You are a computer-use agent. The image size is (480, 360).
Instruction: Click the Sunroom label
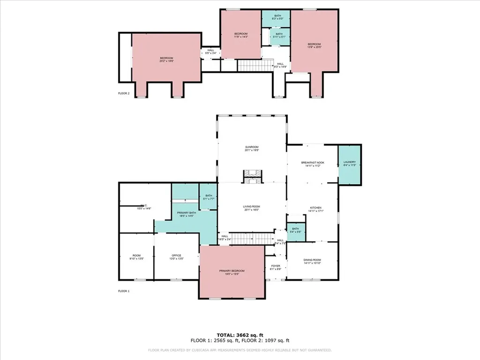click(251, 149)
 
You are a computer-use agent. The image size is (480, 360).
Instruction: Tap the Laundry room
click(349, 164)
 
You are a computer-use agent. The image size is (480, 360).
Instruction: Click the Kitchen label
click(315, 209)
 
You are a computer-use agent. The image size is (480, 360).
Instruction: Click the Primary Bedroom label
click(232, 272)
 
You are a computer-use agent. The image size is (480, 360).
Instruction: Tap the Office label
click(176, 257)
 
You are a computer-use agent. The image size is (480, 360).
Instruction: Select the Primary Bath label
click(186, 215)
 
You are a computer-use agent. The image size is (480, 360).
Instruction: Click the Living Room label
click(251, 208)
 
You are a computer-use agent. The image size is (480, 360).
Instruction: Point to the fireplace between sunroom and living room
click(252, 176)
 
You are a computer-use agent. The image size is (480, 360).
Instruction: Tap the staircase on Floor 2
click(255, 65)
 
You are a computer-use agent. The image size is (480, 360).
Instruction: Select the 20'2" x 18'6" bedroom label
click(166, 60)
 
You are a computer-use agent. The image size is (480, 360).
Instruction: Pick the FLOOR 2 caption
click(124, 93)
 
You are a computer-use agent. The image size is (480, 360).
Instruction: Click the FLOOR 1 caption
click(124, 291)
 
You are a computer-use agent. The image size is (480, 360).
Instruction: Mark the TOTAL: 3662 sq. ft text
click(240, 335)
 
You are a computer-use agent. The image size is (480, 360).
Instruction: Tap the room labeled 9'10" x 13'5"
click(136, 257)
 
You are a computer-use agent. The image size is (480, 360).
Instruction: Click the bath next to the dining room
click(296, 231)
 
